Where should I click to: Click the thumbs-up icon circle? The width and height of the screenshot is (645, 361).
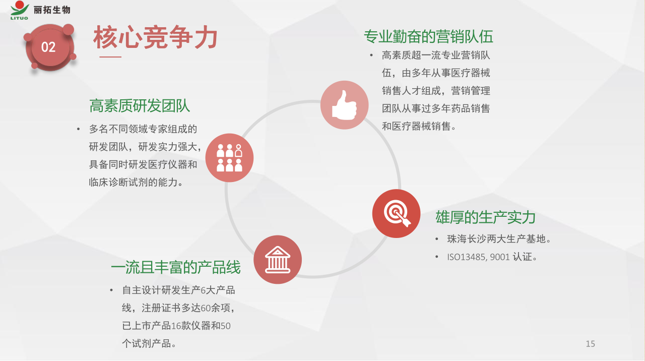[x=344, y=105]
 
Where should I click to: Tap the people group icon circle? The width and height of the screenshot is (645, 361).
[x=229, y=158]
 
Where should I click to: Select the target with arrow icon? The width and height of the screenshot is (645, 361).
[x=396, y=213]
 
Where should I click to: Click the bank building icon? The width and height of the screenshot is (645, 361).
[x=278, y=260]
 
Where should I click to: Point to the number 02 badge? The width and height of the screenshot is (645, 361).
[x=49, y=47]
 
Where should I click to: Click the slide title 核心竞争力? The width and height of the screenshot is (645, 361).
[x=155, y=37]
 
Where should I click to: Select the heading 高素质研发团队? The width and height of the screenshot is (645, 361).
[x=140, y=106]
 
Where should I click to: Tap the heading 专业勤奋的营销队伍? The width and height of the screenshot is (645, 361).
[x=428, y=37]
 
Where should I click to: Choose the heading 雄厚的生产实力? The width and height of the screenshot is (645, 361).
[x=485, y=217]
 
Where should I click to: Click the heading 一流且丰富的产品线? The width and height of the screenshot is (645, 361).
[x=176, y=267]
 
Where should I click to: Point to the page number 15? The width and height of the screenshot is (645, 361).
[x=590, y=344]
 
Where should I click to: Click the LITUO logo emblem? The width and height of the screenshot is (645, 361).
[x=19, y=10]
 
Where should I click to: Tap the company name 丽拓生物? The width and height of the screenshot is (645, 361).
[x=52, y=10]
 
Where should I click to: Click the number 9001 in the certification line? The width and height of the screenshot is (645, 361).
[x=500, y=257]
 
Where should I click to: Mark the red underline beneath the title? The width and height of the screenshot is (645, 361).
[x=110, y=57]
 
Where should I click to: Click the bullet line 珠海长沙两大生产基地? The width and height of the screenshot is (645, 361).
[x=499, y=239]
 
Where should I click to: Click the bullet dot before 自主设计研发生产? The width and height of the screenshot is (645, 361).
[x=111, y=290]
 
